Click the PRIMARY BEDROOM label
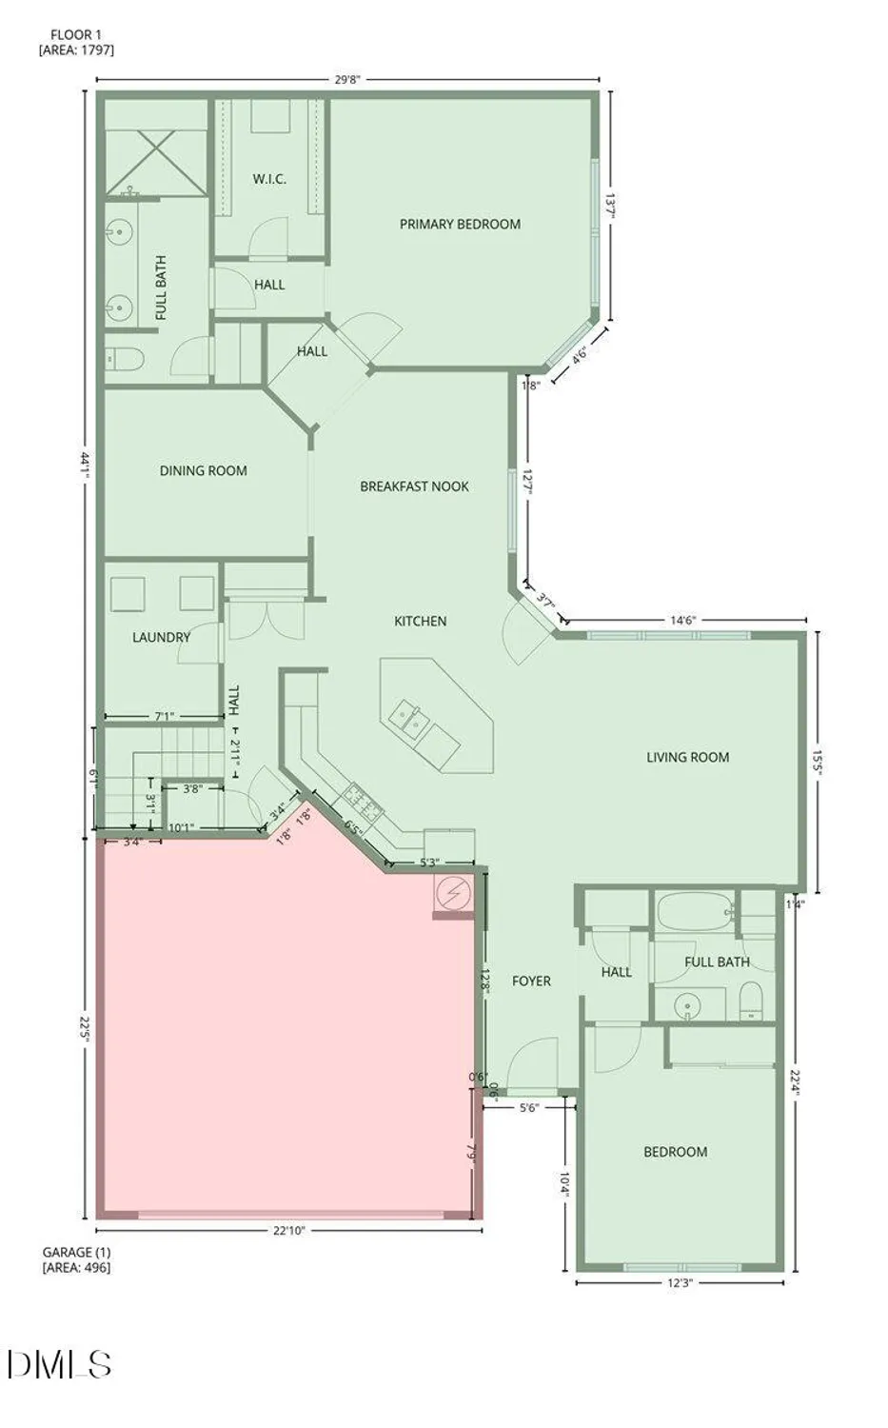[460, 225]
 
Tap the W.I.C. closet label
[269, 179]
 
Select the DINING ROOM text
[203, 470]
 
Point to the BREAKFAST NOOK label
[414, 486]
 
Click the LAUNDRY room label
[161, 637]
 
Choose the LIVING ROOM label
[687, 758]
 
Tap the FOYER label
[531, 981]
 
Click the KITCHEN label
[420, 622]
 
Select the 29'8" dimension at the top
[347, 80]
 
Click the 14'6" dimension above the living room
[682, 620]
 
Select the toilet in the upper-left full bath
[124, 359]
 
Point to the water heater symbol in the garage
[453, 892]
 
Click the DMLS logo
[59, 1364]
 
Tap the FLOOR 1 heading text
[77, 35]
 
